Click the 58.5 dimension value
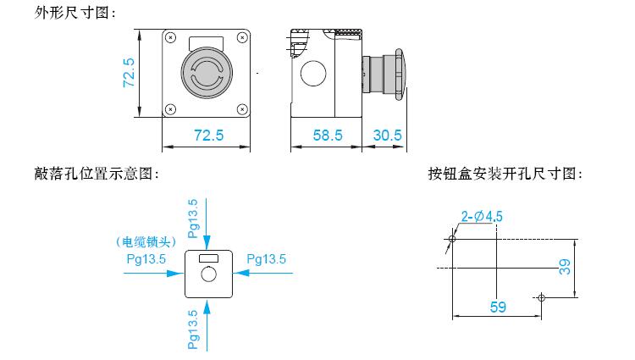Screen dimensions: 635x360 click(328, 136)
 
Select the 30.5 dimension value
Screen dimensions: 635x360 click(387, 136)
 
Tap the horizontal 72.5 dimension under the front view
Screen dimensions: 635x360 click(208, 136)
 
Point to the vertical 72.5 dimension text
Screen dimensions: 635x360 click(129, 73)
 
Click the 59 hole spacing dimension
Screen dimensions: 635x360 click(498, 307)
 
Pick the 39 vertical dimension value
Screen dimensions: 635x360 click(565, 268)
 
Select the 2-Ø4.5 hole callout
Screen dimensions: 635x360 click(482, 217)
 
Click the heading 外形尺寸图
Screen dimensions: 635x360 click(75, 13)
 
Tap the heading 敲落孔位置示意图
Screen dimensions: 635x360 click(97, 174)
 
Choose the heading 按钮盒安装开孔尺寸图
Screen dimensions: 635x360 click(505, 174)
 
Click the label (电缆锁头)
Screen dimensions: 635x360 click(146, 242)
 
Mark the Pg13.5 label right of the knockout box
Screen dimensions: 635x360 click(267, 259)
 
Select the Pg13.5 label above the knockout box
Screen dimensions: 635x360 click(193, 219)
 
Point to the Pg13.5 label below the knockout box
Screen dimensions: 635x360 click(193, 330)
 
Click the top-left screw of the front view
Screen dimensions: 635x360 click(171, 37)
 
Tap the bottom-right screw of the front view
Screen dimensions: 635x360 click(242, 109)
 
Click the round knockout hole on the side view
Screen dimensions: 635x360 click(313, 74)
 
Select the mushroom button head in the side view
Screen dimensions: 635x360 click(400, 75)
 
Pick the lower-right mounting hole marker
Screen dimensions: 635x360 click(542, 298)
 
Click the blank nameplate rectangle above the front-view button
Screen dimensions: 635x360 click(206, 43)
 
